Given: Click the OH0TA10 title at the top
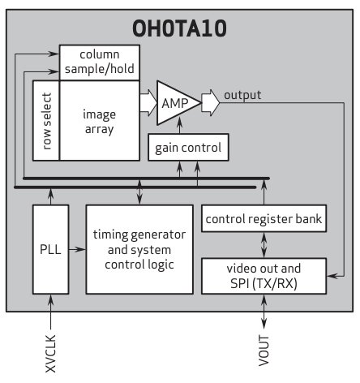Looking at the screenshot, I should point(180,30).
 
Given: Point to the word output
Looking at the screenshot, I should point(242,95).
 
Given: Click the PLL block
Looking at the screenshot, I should point(50,249).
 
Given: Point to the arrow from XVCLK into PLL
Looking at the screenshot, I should point(50,308).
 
